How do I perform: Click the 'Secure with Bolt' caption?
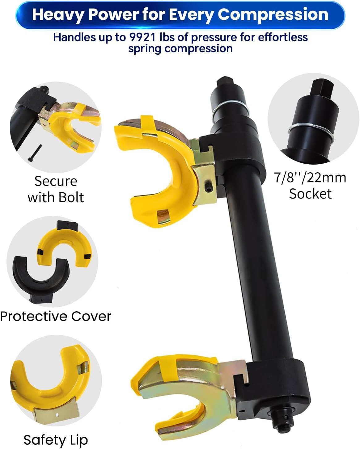tap(56, 189)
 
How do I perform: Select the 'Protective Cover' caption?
tap(56, 316)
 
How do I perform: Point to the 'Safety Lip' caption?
tap(56, 440)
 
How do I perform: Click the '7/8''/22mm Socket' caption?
tap(310, 186)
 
